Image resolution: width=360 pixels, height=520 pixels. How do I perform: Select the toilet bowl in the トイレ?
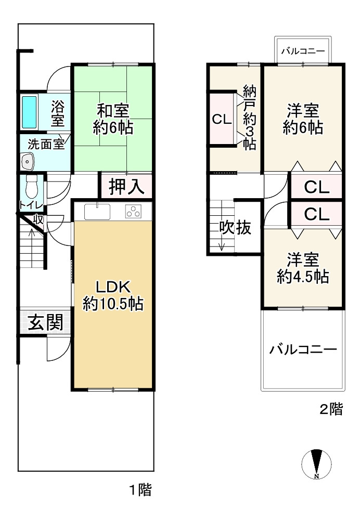pos(32,188)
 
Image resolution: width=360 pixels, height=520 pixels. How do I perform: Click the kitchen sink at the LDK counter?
pos(97,212)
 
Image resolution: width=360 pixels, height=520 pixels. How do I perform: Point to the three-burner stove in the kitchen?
pos(134,211)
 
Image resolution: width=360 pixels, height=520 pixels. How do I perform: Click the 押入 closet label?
pos(126,186)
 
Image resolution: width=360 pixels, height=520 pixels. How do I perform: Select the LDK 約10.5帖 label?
pos(113,295)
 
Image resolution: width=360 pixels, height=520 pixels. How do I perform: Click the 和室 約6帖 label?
pos(113,119)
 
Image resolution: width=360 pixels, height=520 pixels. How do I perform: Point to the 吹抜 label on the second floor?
pos(235,228)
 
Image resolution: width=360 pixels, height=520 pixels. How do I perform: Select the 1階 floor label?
pos(140,489)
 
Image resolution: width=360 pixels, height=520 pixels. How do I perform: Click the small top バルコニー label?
pos(303,51)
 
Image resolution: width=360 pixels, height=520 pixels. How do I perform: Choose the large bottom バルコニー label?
pos(303,349)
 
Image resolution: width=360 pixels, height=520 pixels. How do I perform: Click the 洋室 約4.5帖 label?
pos(303,268)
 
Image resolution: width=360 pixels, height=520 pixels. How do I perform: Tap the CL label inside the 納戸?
pos(222,119)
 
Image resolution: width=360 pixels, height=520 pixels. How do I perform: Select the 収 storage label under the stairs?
pos(38,219)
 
